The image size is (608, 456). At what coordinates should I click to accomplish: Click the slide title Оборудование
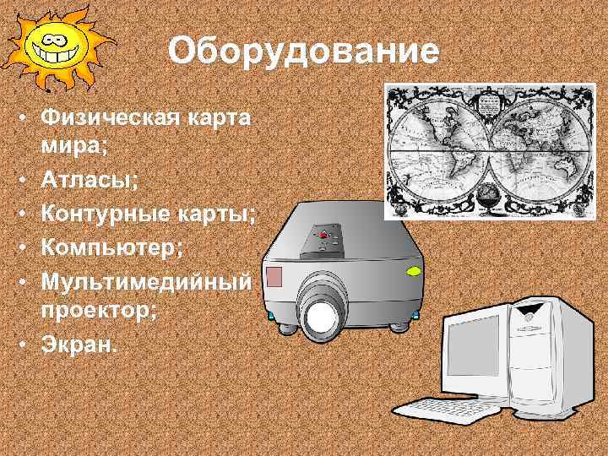click(303, 52)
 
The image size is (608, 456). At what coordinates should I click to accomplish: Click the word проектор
click(96, 308)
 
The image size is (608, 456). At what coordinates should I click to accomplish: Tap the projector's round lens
click(321, 318)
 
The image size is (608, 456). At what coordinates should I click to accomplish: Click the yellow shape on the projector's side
click(415, 272)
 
